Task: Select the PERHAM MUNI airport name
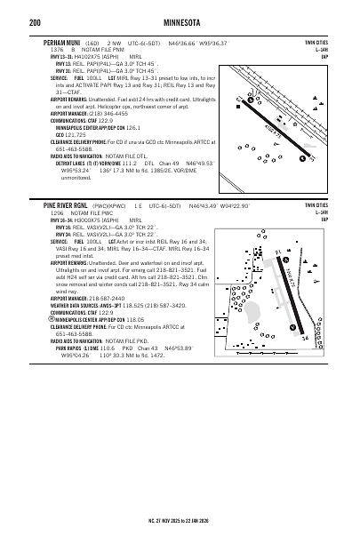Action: (x=63, y=42)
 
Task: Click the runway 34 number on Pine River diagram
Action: (x=305, y=339)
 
